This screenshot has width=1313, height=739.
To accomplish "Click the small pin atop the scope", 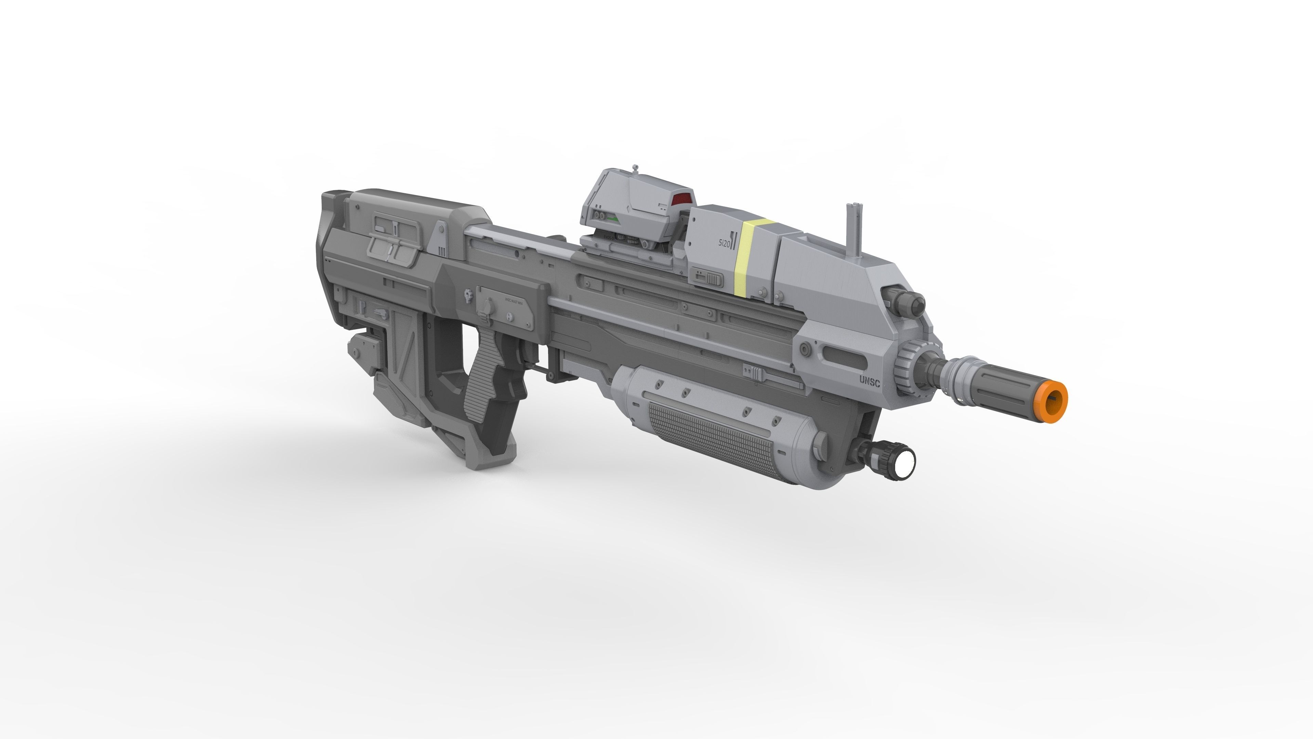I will (x=635, y=168).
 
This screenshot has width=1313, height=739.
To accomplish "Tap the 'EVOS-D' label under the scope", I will (x=609, y=238).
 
